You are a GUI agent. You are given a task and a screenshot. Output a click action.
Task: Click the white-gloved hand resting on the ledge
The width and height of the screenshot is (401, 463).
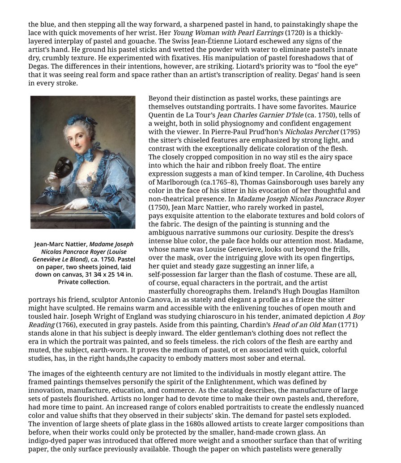coord(77,204)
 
